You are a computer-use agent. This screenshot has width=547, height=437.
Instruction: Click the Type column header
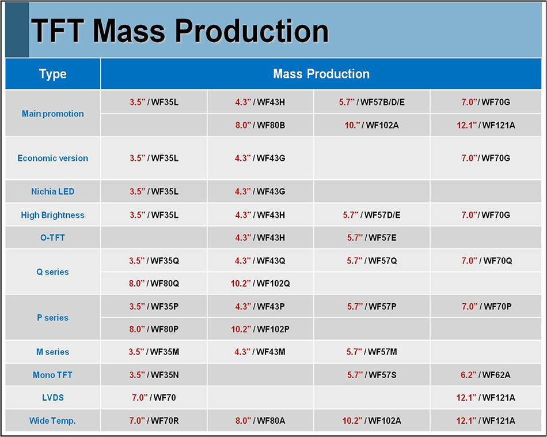point(52,74)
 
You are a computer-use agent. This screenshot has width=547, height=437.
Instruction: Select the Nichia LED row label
point(52,191)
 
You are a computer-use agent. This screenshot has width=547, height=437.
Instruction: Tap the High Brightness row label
point(52,215)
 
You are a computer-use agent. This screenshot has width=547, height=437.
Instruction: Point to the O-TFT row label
point(52,238)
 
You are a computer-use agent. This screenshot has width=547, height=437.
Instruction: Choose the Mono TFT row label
point(52,375)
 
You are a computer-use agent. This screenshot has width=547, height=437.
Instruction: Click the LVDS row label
point(52,398)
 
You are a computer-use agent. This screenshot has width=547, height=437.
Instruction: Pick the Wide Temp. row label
point(52,421)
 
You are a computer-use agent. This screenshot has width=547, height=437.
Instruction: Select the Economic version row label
point(52,158)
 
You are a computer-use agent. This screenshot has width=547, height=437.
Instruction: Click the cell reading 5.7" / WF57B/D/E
point(371,103)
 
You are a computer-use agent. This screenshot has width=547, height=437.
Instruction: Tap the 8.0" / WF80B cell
point(260,125)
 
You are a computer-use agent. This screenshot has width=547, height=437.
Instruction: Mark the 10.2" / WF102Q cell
point(260,283)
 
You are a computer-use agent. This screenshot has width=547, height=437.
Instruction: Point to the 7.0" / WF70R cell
point(154,421)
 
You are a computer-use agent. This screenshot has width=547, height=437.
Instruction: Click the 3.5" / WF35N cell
point(154,375)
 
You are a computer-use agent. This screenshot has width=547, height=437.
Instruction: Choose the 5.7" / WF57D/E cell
point(371,215)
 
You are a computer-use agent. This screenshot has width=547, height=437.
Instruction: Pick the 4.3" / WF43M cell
point(260,352)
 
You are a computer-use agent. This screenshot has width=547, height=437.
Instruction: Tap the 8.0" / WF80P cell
point(154,329)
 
